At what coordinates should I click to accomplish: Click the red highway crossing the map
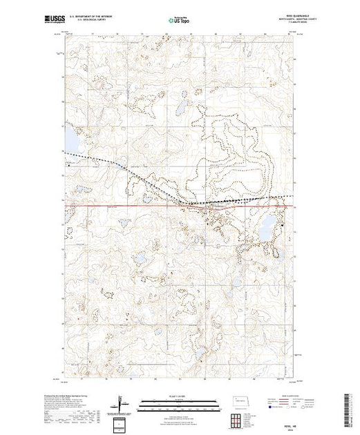[138, 205]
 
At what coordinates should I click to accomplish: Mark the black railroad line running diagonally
[138, 175]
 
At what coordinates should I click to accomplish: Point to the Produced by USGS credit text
[86, 396]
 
